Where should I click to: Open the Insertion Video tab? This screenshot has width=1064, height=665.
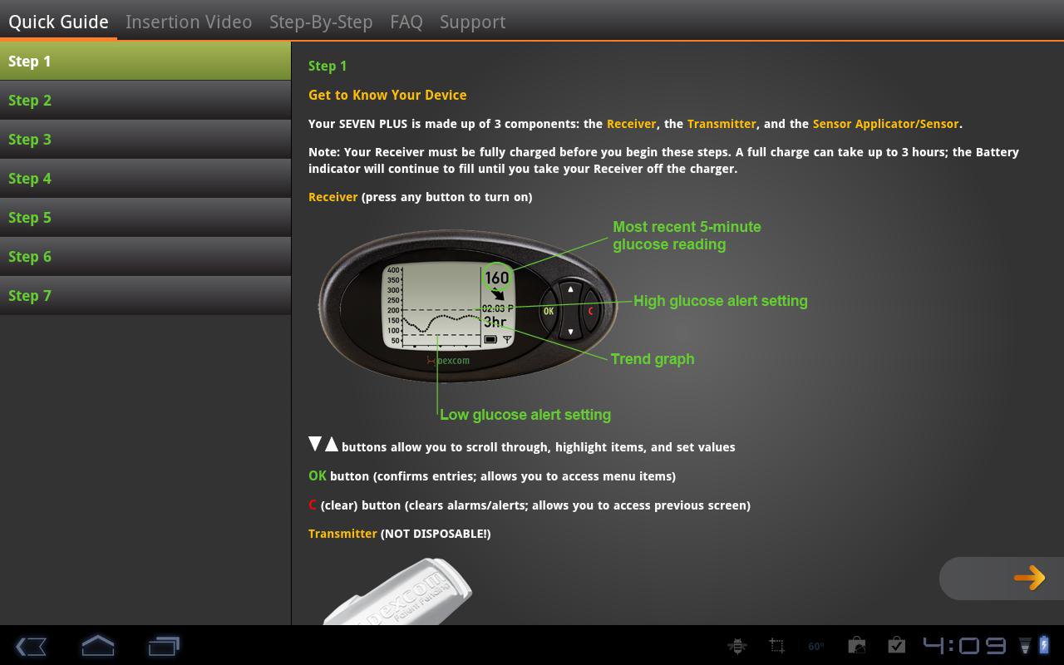pos(189,22)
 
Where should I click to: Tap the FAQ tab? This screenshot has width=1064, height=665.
pos(406,22)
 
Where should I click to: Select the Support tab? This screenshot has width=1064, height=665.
pos(472,22)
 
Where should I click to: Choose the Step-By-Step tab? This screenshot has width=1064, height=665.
pos(321,22)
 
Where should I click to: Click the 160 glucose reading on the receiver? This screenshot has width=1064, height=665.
pos(497,278)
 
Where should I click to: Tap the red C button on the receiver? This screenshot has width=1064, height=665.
pos(591,311)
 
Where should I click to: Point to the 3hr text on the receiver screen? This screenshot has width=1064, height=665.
pos(495,322)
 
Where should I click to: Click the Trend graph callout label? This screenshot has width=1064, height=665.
pos(653,359)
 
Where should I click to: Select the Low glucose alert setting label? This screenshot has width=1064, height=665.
pos(525,415)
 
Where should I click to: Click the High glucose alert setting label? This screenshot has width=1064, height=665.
pos(721,301)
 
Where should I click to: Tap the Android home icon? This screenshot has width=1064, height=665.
pos(98,646)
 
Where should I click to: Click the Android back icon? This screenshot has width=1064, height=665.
pos(31,647)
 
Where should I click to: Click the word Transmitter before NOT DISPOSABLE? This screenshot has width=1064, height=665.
pos(342,534)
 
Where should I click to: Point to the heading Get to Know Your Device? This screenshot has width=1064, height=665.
pos(387,95)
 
